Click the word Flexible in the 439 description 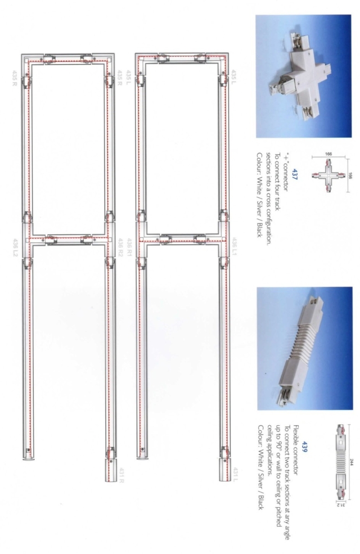pyautogui.click(x=311, y=404)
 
